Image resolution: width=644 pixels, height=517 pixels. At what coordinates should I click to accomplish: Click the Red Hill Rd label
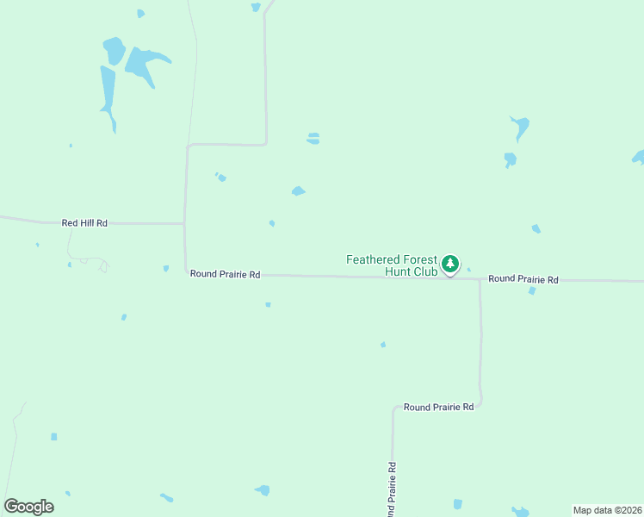[84, 223]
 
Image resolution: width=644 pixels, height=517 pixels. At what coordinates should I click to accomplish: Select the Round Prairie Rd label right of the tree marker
[523, 279]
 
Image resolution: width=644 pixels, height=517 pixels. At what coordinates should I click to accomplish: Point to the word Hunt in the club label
[399, 271]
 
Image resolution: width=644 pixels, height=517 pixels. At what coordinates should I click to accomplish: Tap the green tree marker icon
[449, 264]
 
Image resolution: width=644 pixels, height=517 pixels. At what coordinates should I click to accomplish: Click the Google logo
[29, 507]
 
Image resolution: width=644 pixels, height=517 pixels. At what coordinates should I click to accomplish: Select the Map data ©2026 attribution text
[607, 510]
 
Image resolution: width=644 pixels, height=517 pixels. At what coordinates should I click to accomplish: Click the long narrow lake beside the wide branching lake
[108, 94]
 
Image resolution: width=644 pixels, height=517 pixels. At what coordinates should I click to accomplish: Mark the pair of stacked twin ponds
[313, 138]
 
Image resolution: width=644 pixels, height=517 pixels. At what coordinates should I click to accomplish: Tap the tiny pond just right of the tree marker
[468, 270]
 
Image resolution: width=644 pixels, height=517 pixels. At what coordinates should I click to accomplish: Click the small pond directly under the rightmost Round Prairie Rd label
[532, 290]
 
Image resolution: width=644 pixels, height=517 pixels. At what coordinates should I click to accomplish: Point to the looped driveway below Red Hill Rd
[91, 262]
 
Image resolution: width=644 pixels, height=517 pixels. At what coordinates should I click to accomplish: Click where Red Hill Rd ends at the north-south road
[185, 224]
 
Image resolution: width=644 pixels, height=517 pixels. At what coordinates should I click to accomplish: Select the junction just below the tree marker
[480, 279]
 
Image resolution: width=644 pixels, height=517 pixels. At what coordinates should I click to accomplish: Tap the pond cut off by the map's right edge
[638, 157]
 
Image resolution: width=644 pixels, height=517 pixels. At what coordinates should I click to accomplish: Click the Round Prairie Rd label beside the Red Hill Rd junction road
[225, 274]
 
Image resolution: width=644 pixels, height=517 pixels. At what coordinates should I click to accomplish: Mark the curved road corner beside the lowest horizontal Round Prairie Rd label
[480, 402]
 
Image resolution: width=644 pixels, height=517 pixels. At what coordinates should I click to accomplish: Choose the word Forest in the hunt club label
[421, 258]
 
